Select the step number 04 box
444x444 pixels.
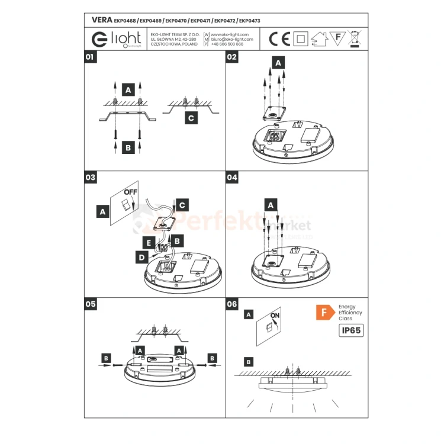[x=232, y=177]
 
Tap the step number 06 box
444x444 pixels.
[x=232, y=304]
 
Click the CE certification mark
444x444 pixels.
[x=279, y=39]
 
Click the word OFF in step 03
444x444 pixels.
[x=131, y=192]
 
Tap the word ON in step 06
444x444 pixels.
[x=275, y=316]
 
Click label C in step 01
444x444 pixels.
[x=190, y=118]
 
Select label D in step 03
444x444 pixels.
[x=141, y=258]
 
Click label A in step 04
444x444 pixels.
[x=271, y=205]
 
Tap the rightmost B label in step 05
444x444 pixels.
[x=211, y=358]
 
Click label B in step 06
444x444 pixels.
[x=249, y=361]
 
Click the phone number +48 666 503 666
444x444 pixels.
[x=227, y=44]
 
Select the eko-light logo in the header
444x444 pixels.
[x=117, y=39]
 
